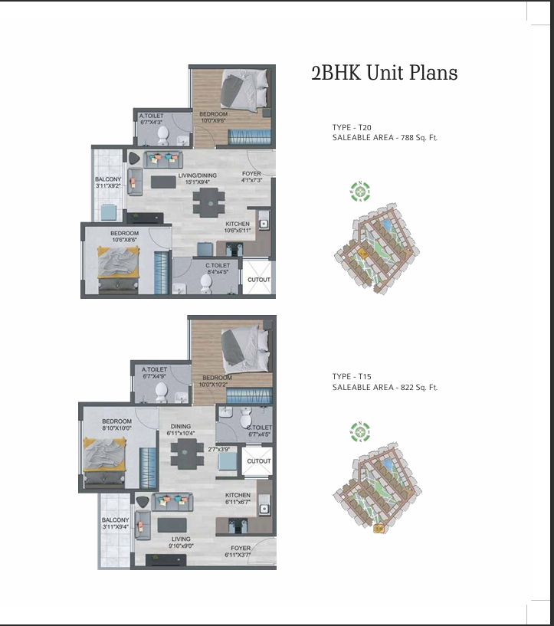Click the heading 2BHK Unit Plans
click(x=384, y=74)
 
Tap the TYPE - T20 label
click(x=352, y=127)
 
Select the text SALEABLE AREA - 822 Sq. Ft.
click(x=385, y=388)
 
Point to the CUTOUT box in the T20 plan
click(x=258, y=280)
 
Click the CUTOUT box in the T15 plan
click(x=258, y=461)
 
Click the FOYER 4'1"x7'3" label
click(x=251, y=177)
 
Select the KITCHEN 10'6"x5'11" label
click(x=237, y=227)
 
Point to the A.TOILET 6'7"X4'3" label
click(x=151, y=119)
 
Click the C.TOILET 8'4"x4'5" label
click(x=218, y=267)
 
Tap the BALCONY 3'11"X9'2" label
click(x=108, y=182)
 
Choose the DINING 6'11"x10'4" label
click(x=181, y=430)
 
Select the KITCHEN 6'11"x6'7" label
click(x=238, y=499)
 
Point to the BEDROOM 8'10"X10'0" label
click(x=117, y=425)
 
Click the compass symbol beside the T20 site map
click(x=359, y=191)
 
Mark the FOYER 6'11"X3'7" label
click(x=238, y=552)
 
